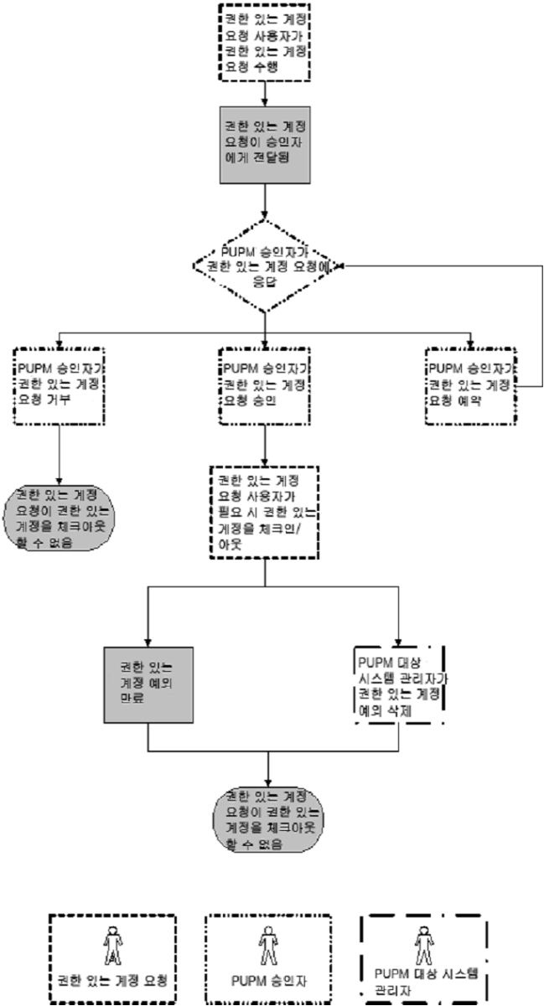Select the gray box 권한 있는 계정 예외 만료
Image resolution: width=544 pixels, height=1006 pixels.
[x=148, y=684]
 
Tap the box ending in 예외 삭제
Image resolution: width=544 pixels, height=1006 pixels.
[x=399, y=684]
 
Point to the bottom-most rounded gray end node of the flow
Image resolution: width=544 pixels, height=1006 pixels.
[x=267, y=820]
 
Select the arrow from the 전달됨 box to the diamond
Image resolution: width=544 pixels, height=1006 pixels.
[x=265, y=202]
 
